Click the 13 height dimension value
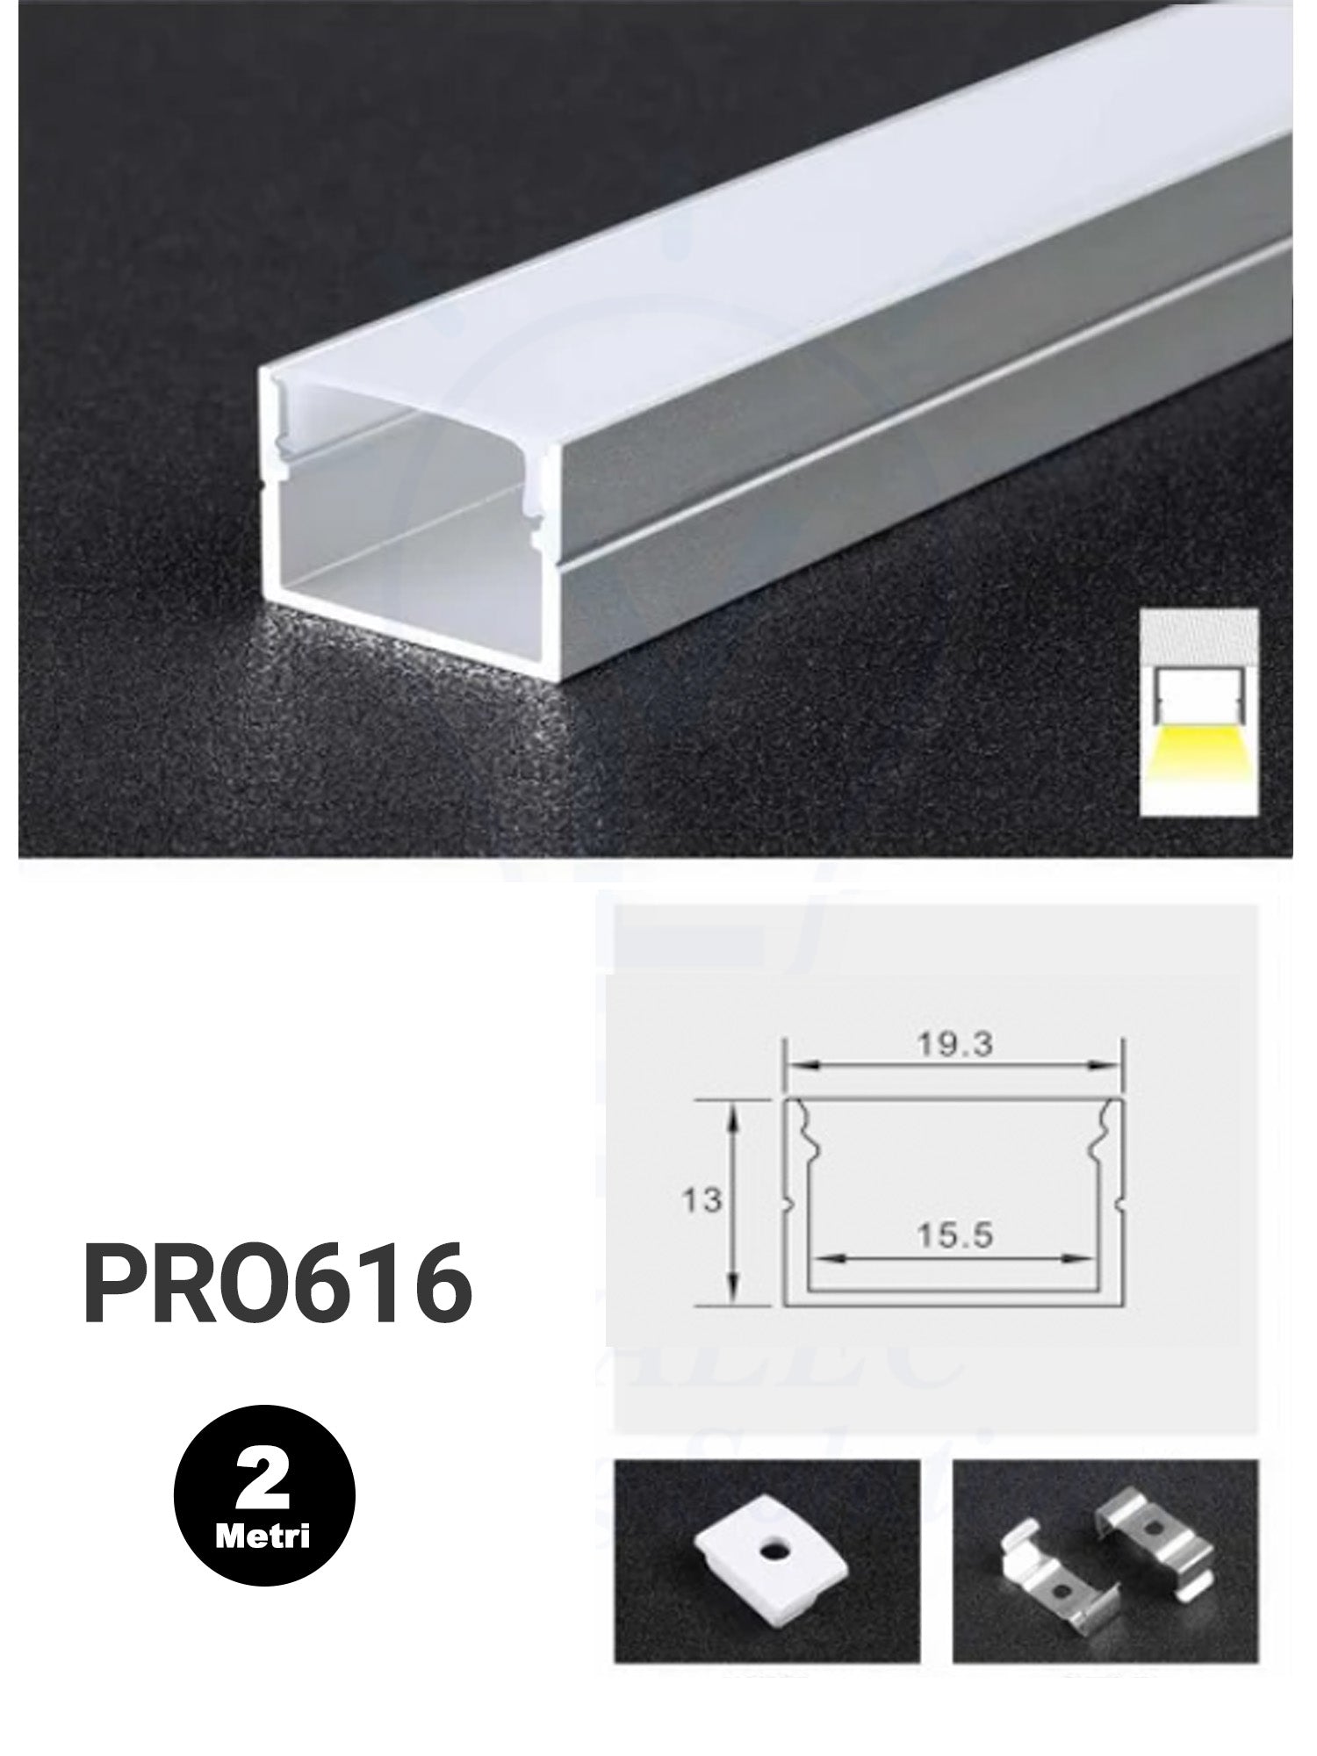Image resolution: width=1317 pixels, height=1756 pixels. point(702,1199)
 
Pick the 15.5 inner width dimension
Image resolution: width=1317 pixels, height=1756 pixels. point(954,1236)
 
